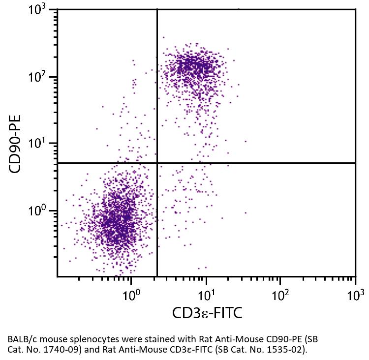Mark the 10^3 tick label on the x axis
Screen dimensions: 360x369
(355, 296)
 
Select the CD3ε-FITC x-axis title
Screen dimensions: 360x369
(207, 313)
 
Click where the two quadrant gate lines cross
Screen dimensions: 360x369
(157, 163)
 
